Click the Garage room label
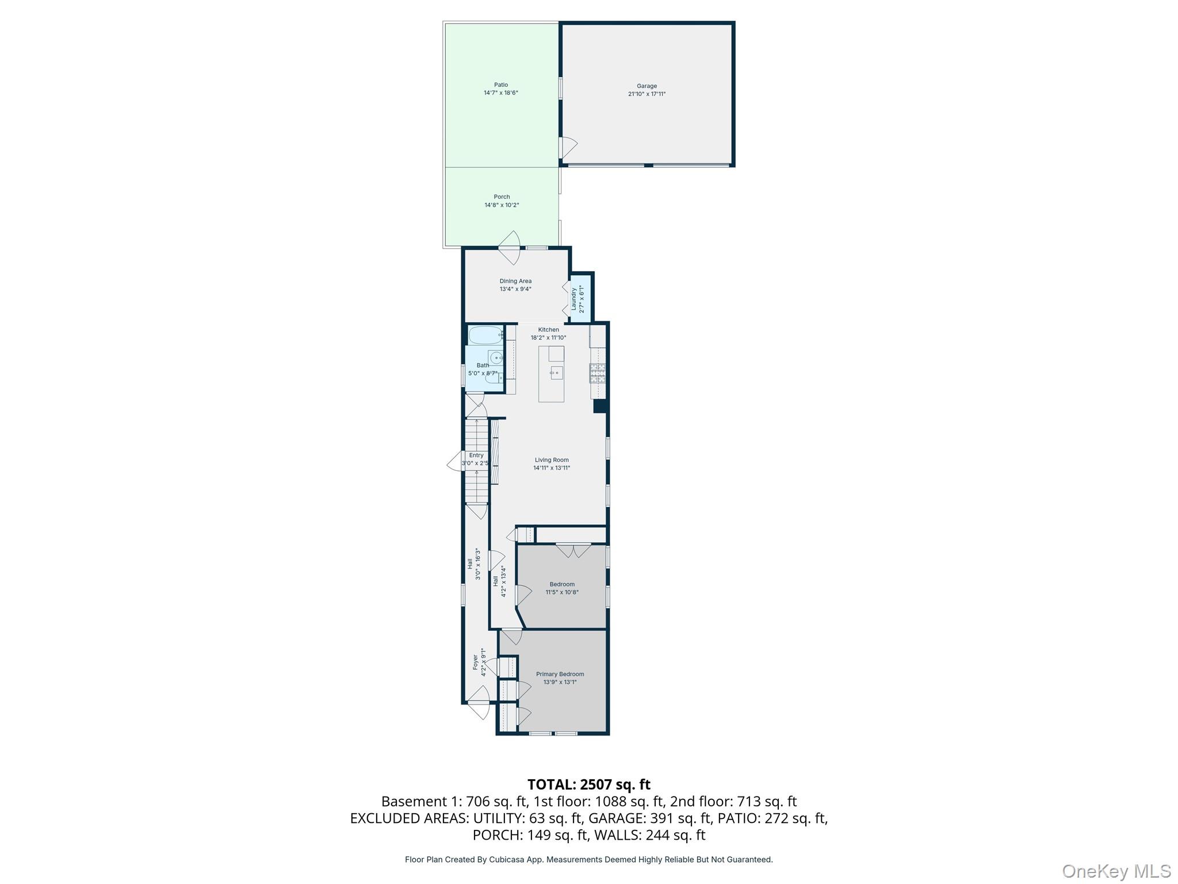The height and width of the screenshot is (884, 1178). [x=647, y=86]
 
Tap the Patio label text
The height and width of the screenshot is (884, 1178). [x=501, y=85]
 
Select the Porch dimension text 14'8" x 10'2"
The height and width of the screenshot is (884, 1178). [x=502, y=205]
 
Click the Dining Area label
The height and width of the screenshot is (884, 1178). [x=515, y=281]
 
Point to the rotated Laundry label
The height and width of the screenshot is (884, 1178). [x=573, y=299]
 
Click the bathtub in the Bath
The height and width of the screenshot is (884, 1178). [x=486, y=335]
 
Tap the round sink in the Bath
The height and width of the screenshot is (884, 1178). [x=495, y=357]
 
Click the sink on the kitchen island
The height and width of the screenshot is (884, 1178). [x=555, y=373]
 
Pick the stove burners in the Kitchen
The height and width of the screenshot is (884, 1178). [x=598, y=374]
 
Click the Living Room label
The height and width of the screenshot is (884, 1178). [x=552, y=460]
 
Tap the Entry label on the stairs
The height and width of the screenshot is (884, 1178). [x=476, y=455]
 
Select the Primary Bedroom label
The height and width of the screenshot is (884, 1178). [x=560, y=674]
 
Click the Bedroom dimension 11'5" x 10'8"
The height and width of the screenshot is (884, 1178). [x=562, y=592]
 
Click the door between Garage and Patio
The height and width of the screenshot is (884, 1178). [x=568, y=147]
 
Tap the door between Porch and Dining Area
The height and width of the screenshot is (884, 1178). [x=510, y=247]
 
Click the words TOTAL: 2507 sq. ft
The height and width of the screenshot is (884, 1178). [x=588, y=784]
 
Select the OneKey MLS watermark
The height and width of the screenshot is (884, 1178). [x=1116, y=871]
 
